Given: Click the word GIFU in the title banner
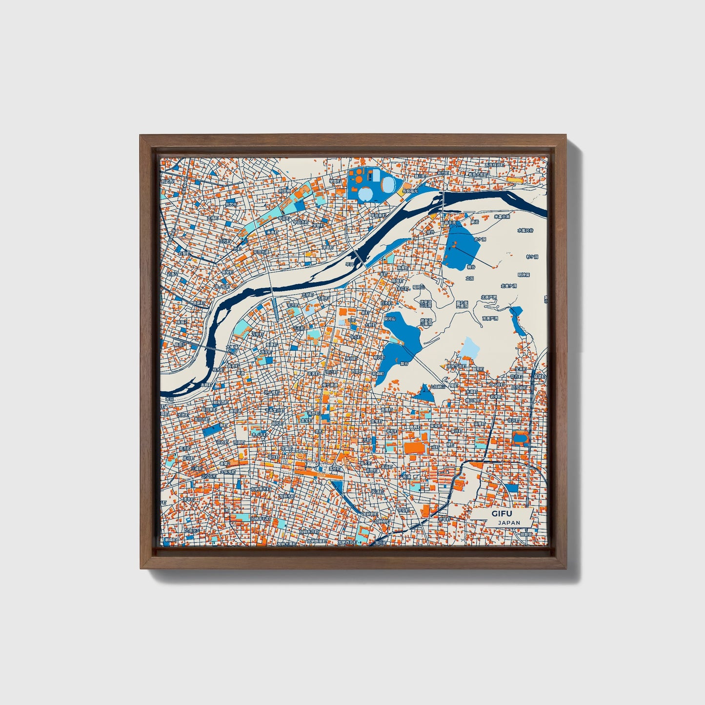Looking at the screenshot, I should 499,514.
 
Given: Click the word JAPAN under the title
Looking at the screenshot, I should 509,523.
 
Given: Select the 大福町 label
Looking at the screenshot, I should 213,218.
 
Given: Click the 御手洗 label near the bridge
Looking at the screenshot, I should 449,222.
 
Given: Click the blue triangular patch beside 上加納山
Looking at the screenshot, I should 424,394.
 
